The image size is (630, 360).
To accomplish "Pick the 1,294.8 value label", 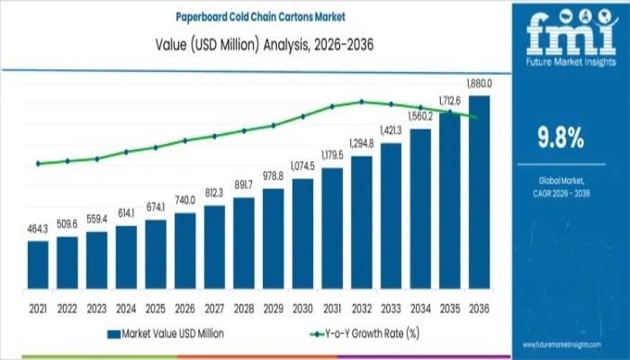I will click(x=362, y=144).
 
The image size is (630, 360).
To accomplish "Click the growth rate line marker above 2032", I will click(x=362, y=101).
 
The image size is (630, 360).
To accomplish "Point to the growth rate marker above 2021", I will click(x=38, y=164).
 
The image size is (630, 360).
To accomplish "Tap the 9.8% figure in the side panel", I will click(x=560, y=138).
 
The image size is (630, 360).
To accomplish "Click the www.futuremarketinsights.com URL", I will click(x=573, y=345).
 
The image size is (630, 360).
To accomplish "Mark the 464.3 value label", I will click(x=38, y=230).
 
